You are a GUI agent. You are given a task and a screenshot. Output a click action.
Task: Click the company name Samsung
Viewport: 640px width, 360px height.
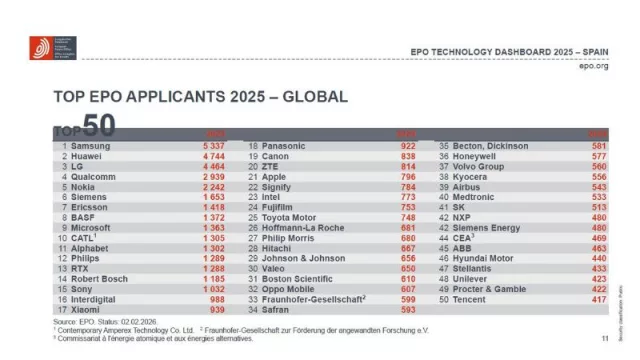[x=82, y=146]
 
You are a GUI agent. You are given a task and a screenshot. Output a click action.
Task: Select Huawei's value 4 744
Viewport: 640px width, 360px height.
[x=212, y=156]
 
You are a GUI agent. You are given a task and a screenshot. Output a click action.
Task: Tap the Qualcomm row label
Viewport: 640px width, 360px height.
[x=88, y=176]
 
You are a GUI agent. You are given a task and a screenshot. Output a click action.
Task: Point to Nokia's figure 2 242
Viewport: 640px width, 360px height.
[x=212, y=186]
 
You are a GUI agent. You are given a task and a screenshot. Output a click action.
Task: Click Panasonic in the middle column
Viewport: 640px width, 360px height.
[x=285, y=146]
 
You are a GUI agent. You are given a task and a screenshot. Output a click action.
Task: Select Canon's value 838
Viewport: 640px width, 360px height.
[x=407, y=156]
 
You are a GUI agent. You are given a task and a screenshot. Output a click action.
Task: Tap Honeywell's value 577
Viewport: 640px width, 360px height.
[x=599, y=156]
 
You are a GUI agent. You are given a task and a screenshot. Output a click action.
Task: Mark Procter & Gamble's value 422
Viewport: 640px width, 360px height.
[x=599, y=289]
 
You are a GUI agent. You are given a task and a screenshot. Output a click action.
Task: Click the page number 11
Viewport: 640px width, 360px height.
[x=605, y=339]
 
